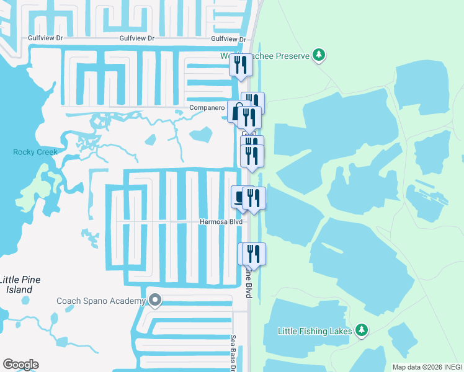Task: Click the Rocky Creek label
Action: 35,152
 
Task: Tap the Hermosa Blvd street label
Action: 220,221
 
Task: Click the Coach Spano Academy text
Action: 101,301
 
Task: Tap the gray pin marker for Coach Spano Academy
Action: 155,301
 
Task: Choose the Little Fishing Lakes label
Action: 316,331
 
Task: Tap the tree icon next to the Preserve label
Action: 319,55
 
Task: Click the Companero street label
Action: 207,108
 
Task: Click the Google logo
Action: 20,365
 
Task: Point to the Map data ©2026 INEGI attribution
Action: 427,367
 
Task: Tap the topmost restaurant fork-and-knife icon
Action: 241,64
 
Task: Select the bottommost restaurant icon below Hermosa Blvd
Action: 252,253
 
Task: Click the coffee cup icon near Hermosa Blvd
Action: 239,197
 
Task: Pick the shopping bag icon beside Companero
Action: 235,111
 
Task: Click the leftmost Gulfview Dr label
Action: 46,38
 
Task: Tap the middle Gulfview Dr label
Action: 137,38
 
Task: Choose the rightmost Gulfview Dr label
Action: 228,38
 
